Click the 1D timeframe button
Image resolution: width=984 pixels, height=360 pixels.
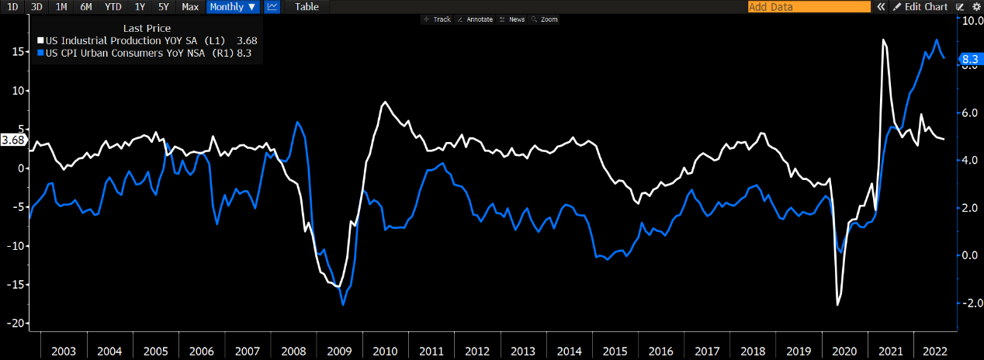tap(12, 6)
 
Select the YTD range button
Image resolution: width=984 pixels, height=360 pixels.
tap(113, 6)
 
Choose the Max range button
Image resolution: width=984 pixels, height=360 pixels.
tap(189, 6)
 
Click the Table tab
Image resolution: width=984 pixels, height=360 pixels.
tap(307, 6)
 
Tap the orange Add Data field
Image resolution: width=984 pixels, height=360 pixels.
tap(809, 6)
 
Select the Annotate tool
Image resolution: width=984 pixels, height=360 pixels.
tap(475, 19)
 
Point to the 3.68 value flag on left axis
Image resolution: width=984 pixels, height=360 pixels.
tap(13, 140)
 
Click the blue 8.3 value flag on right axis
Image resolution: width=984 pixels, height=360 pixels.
tap(970, 58)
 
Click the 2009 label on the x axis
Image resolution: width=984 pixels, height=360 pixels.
tap(340, 351)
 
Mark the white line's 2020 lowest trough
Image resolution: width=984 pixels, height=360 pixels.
tap(837, 305)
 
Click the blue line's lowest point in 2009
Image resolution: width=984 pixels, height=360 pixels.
tap(343, 305)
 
